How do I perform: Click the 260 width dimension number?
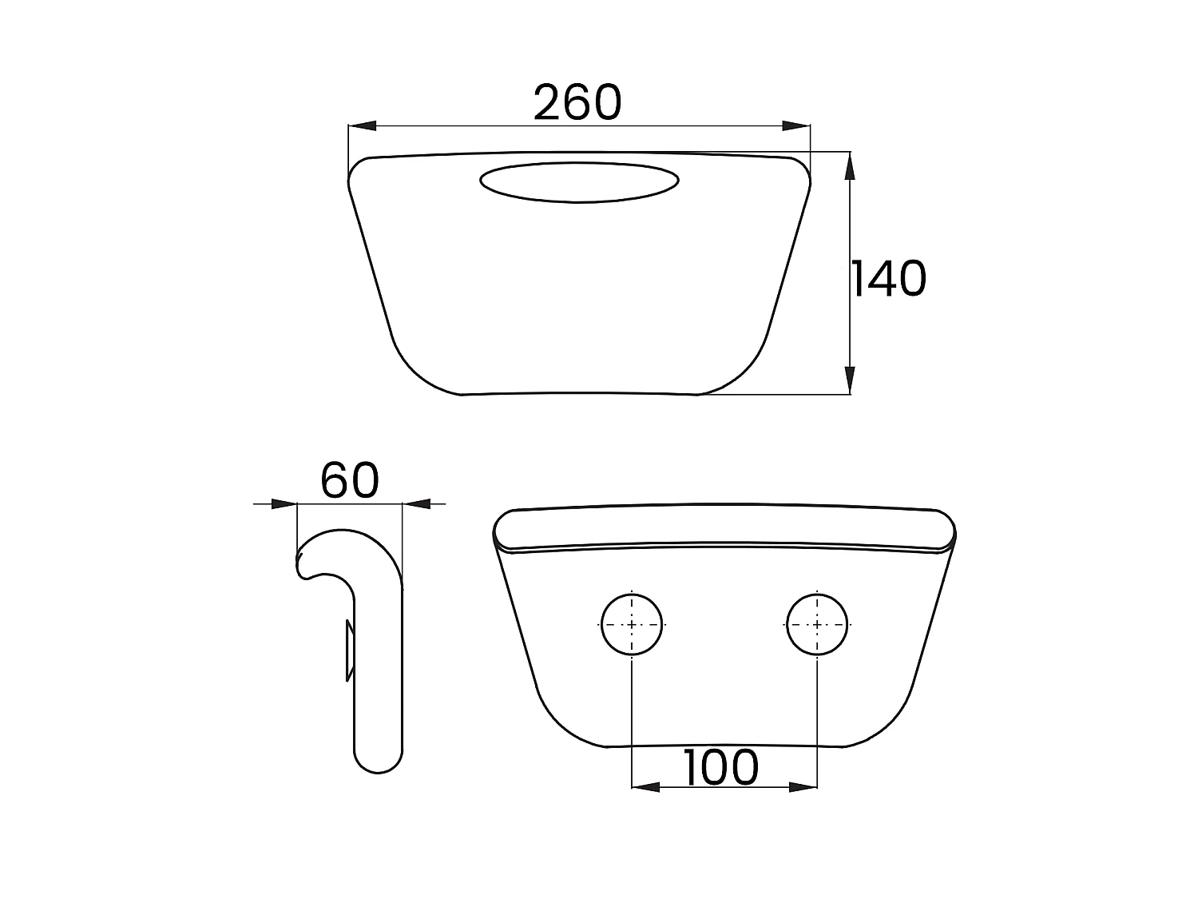pos(577,102)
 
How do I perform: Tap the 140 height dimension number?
pos(889,278)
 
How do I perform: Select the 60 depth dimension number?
pos(349,480)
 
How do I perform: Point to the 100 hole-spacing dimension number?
pos(720,767)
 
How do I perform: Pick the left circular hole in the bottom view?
pos(632,624)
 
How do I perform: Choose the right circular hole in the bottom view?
pos(816,624)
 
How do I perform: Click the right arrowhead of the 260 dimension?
pos(796,125)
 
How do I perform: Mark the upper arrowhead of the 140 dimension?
pos(849,166)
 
